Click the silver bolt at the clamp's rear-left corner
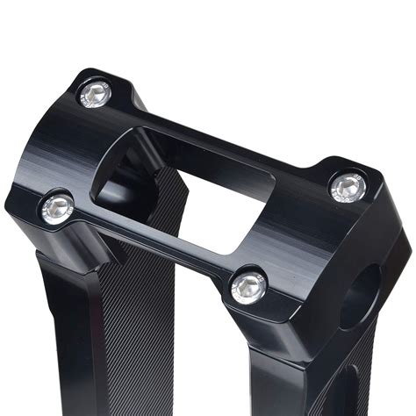(x=96, y=92)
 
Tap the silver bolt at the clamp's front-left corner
(x=58, y=207)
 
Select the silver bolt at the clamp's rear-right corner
(x=348, y=186)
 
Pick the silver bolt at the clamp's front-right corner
(x=248, y=284)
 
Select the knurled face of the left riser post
(x=132, y=334)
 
